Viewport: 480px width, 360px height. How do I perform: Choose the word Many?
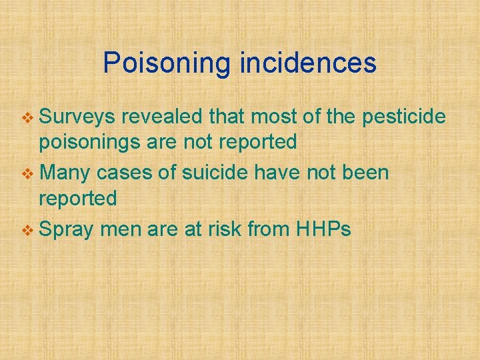(x=66, y=173)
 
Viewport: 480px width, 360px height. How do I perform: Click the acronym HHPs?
(x=322, y=229)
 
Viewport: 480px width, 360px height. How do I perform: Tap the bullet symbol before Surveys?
(x=29, y=119)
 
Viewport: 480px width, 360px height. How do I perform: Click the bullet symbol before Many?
(x=29, y=175)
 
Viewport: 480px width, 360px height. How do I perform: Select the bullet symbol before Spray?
(x=29, y=231)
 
